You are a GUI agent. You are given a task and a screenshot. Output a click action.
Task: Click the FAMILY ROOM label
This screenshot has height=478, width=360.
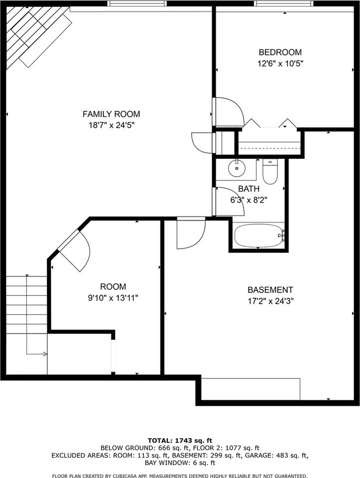(111, 114)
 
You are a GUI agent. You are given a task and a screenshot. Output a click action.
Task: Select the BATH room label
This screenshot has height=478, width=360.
(248, 189)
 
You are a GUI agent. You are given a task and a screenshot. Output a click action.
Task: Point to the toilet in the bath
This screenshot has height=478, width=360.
(269, 172)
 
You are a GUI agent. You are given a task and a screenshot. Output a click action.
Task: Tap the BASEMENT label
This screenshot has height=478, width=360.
(270, 290)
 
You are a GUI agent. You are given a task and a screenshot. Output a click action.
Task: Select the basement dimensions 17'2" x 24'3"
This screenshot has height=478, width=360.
(270, 301)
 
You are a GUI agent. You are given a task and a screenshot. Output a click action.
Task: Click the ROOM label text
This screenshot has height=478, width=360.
(113, 287)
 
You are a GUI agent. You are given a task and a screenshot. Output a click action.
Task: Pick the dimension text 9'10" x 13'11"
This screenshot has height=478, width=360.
(113, 298)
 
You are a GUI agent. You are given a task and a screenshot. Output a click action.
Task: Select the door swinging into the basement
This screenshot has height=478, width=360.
(191, 233)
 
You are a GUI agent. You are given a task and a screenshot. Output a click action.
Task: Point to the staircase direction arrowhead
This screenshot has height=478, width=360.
(45, 355)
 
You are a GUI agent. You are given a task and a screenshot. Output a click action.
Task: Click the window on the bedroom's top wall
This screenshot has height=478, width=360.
(284, 3)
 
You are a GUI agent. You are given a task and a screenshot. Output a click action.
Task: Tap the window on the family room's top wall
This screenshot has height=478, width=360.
(137, 3)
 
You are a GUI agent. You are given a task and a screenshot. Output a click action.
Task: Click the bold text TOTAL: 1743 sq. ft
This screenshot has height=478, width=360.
(180, 440)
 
